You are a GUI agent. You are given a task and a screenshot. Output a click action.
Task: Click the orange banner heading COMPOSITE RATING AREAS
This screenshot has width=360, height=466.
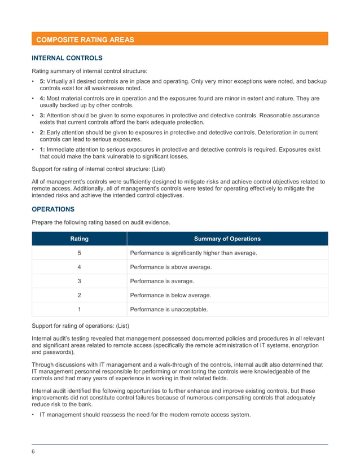pos(85,39)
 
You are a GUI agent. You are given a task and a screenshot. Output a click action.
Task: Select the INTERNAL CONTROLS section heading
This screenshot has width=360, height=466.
pos(67,58)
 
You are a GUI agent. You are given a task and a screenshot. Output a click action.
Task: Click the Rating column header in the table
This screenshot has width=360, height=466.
pos(79,239)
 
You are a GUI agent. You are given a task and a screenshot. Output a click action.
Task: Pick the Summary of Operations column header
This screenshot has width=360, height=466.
pos(227,239)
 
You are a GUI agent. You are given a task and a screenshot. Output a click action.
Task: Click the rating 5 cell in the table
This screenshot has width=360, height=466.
pos(79,253)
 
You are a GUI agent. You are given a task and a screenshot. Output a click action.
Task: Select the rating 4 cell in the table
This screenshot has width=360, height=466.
pos(79,267)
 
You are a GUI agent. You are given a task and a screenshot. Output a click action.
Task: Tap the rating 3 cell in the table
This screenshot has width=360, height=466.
pos(79,281)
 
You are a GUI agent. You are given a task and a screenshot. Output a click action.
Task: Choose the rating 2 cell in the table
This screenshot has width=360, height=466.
pos(79,295)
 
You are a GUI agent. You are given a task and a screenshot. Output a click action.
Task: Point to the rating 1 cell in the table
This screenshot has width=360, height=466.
pos(79,309)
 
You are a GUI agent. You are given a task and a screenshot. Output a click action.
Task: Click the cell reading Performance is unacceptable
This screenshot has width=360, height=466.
pos(169,309)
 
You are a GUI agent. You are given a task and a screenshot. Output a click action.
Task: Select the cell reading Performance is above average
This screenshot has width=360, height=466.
pos(171,267)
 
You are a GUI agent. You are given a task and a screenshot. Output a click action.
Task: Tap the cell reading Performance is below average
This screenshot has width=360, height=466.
pos(171,295)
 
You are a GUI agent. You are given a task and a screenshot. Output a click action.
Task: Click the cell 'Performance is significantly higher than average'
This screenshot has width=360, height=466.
pos(194,253)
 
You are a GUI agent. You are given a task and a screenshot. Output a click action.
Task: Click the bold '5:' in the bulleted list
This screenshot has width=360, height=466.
pos(43,82)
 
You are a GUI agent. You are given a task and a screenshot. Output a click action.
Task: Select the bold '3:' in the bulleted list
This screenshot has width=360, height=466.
pos(43,116)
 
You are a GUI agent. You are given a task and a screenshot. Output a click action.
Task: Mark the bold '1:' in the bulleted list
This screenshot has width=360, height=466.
pos(43,150)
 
